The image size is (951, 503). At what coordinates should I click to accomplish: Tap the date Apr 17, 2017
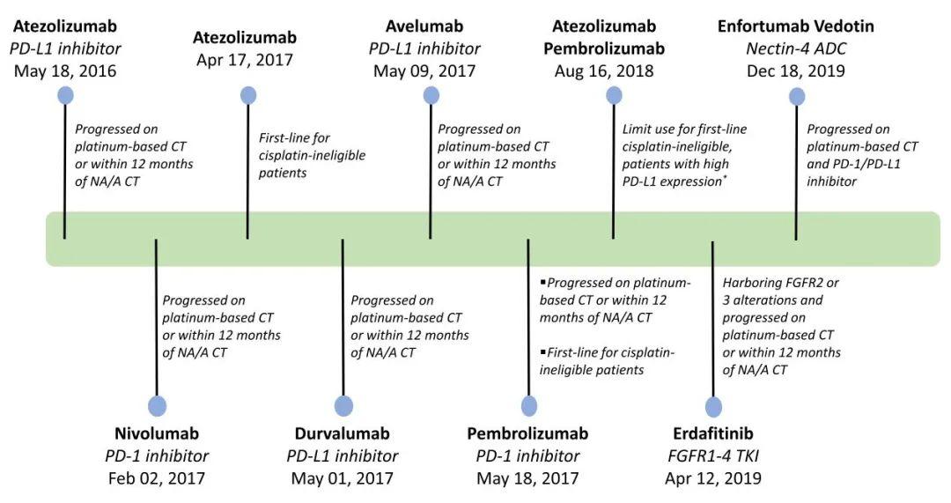click(245, 60)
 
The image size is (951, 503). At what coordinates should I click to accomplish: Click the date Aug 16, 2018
click(604, 71)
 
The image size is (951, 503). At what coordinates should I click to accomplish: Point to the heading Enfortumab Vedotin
click(795, 26)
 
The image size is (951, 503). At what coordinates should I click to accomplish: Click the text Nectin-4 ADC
click(795, 48)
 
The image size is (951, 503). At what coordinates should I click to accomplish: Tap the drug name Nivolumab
click(157, 433)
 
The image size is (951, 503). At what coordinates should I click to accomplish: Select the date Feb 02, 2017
click(157, 478)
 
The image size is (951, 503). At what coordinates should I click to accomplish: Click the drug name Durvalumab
click(343, 433)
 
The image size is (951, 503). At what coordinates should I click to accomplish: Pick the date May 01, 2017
click(343, 478)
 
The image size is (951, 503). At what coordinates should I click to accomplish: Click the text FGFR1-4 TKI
click(712, 456)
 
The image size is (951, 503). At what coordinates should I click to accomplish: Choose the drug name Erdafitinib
click(712, 433)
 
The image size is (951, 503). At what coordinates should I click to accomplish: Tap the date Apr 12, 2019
click(712, 478)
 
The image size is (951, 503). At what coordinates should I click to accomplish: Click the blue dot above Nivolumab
click(157, 406)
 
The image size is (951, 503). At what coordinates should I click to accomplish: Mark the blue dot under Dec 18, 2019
click(797, 96)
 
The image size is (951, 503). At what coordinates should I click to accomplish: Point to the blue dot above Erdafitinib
click(712, 406)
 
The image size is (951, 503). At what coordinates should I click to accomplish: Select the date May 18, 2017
click(527, 478)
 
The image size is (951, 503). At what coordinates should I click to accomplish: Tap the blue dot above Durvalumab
click(343, 406)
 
